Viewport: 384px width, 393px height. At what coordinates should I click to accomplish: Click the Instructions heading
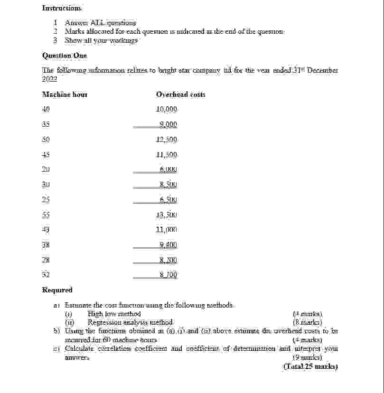[x=62, y=8]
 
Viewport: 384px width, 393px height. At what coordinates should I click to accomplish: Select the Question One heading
[x=65, y=56]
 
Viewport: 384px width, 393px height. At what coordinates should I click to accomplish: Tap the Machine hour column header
[x=65, y=94]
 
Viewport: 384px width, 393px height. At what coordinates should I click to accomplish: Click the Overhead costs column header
[x=180, y=94]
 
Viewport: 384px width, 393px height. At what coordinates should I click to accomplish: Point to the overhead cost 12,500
[x=166, y=140]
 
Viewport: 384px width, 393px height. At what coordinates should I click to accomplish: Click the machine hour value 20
[x=46, y=169]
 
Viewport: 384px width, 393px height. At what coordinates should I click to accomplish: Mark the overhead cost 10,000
[x=166, y=109]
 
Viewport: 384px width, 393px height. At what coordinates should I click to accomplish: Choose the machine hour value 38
[x=46, y=245]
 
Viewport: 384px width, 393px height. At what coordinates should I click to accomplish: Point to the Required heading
[x=57, y=290]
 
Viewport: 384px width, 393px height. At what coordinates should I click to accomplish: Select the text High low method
[x=114, y=314]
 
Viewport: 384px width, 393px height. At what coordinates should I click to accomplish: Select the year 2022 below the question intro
[x=49, y=79]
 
